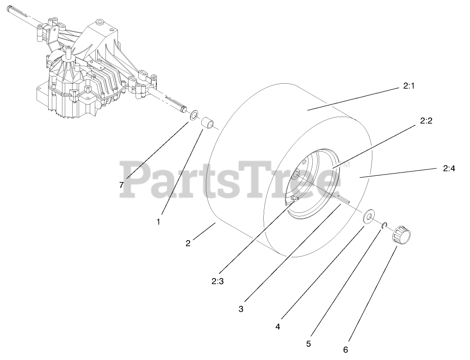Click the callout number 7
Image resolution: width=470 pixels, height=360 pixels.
(121, 185)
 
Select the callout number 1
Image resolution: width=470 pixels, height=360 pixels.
(158, 222)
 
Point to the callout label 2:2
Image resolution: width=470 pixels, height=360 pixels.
(426, 121)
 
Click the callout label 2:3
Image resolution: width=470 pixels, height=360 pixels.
(218, 280)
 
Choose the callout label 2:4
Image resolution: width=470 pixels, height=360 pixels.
(449, 169)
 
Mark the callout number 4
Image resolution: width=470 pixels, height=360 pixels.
(278, 326)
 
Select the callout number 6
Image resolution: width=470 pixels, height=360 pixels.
(346, 350)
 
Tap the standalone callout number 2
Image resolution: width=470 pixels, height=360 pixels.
(188, 243)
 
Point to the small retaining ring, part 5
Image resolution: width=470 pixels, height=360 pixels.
(384, 225)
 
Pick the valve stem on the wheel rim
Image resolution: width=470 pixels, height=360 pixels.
(294, 199)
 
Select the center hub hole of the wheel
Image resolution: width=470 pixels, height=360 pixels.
(295, 174)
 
